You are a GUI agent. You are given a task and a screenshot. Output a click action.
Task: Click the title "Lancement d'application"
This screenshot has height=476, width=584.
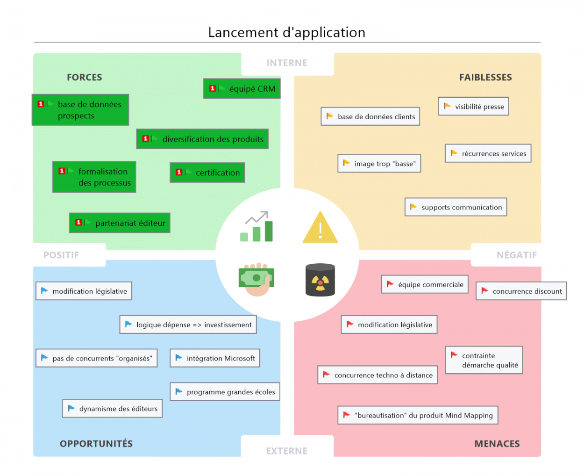pyautogui.click(x=286, y=32)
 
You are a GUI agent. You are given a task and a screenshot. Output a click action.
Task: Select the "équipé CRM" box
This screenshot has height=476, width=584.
pyautogui.click(x=242, y=88)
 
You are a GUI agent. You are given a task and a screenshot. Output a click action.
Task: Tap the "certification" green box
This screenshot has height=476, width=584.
pyautogui.click(x=207, y=173)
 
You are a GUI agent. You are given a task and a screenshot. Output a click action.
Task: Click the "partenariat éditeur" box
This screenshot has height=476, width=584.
pyautogui.click(x=120, y=223)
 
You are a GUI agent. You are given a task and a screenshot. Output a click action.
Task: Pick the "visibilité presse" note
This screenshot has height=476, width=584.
pyautogui.click(x=473, y=107)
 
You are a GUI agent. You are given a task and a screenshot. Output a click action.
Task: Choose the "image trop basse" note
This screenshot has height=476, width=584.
pyautogui.click(x=379, y=164)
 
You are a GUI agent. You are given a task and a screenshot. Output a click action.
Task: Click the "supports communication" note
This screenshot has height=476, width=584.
pyautogui.click(x=456, y=207)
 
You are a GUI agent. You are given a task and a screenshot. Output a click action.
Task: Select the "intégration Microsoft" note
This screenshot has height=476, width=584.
pyautogui.click(x=214, y=358)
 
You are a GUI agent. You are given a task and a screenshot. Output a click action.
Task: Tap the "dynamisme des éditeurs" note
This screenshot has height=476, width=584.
pyautogui.click(x=112, y=409)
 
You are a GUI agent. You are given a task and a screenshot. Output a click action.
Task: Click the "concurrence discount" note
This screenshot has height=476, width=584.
pyautogui.click(x=521, y=291)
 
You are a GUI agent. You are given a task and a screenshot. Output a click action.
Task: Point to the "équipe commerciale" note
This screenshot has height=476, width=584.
pyautogui.click(x=425, y=284)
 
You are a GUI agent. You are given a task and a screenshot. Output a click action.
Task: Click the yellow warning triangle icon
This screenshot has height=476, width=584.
pyautogui.click(x=320, y=228)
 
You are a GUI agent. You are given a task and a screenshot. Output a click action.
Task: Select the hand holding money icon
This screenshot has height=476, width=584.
pyautogui.click(x=256, y=279)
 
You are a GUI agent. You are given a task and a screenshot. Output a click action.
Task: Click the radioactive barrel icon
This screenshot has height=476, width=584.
pyautogui.click(x=320, y=280)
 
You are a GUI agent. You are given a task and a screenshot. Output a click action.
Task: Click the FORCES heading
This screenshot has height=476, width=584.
pyautogui.click(x=84, y=77)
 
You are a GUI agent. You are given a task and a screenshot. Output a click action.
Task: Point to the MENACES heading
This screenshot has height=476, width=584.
pyautogui.click(x=497, y=444)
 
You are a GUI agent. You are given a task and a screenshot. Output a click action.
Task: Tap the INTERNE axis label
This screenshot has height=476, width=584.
pyautogui.click(x=287, y=63)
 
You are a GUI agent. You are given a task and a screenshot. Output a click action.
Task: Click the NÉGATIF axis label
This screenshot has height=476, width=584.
pyautogui.click(x=516, y=255)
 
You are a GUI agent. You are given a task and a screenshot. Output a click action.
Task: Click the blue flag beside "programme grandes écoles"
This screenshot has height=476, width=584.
pyautogui.click(x=178, y=392)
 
